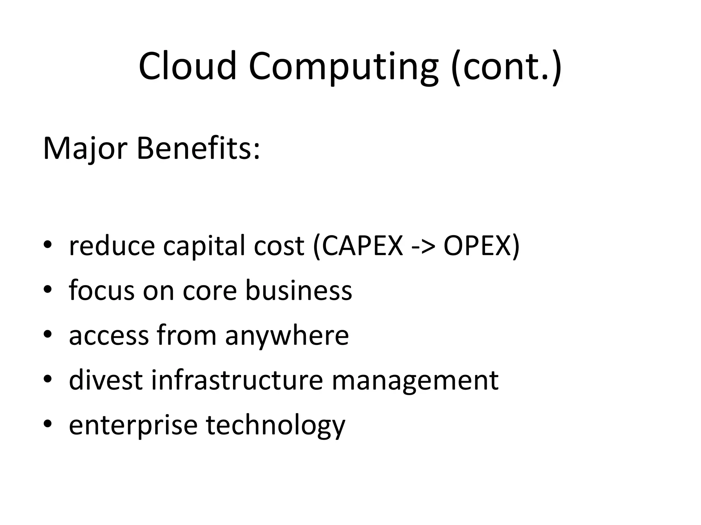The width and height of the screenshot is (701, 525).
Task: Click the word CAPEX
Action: point(362,245)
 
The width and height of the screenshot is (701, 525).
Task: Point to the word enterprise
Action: point(133,425)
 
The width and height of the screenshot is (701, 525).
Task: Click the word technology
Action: point(276,425)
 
